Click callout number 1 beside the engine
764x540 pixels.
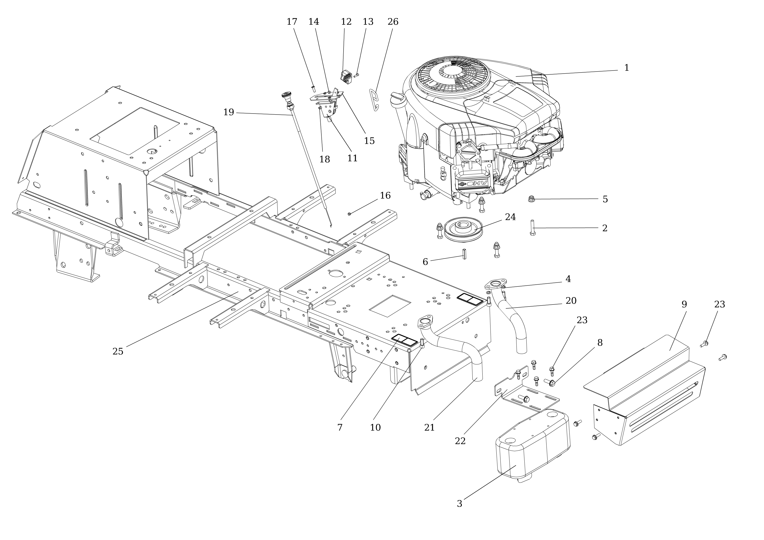pyautogui.click(x=626, y=68)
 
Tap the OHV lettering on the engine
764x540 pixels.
pyautogui.click(x=477, y=184)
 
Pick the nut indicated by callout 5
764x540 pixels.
pyautogui.click(x=531, y=199)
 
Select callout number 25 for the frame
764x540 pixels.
pyautogui.click(x=118, y=351)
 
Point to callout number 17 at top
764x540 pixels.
pyautogui.click(x=292, y=22)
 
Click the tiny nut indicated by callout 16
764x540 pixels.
pyautogui.click(x=349, y=214)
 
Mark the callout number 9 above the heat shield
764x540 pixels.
pyautogui.click(x=684, y=304)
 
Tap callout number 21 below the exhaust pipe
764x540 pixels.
pyautogui.click(x=429, y=427)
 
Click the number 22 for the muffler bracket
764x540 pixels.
pyautogui.click(x=460, y=441)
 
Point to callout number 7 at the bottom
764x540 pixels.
pyautogui.click(x=340, y=427)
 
